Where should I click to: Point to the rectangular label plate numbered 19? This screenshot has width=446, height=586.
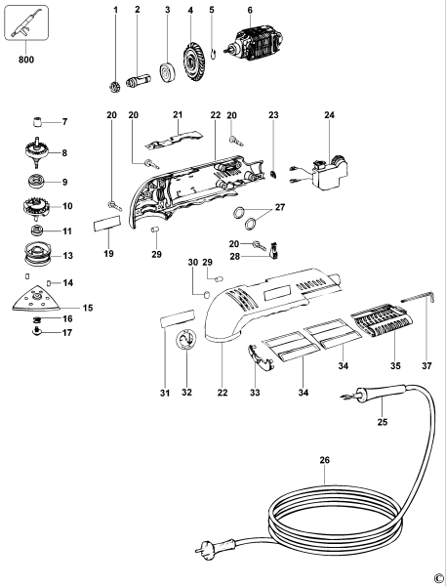(106, 225)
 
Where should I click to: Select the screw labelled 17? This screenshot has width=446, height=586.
(38, 331)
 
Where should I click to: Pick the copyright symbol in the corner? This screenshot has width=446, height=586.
(437, 577)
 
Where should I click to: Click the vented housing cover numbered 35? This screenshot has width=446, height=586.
(375, 321)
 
